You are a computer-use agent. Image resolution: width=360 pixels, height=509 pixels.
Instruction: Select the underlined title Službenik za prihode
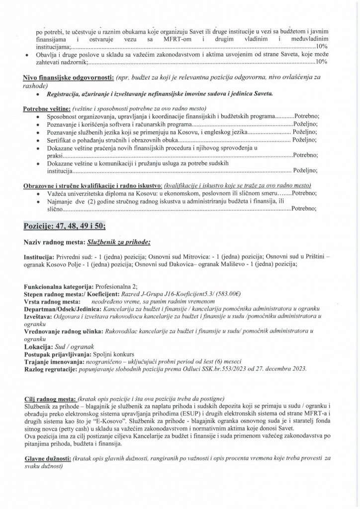(115, 242)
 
